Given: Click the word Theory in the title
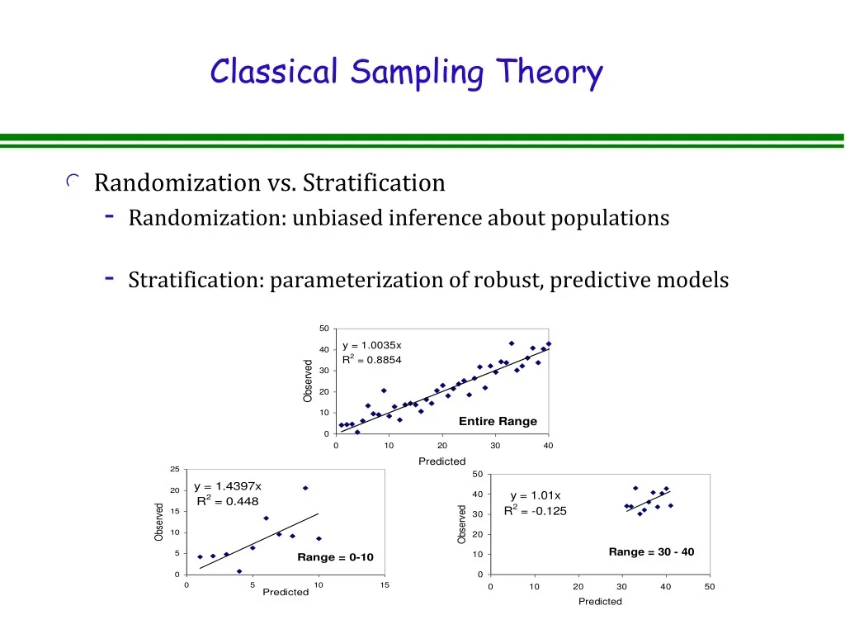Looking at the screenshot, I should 549,73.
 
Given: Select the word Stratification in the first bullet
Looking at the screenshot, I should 374,182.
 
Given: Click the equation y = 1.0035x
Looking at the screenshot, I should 372,345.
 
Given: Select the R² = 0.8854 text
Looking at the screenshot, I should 372,359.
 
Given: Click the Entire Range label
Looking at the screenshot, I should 498,421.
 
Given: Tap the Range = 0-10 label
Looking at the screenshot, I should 335,557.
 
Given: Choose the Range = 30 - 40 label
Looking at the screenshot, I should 651,551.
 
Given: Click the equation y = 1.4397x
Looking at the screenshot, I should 227,486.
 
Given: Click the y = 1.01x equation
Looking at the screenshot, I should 535,495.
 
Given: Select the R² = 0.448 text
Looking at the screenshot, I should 227,501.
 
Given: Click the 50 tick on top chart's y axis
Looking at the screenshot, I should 324,329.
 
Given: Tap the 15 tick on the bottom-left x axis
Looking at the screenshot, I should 385,585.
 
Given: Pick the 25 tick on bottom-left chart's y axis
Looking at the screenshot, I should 174,470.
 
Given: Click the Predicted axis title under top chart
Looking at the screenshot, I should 442,461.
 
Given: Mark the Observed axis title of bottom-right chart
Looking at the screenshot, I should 461,524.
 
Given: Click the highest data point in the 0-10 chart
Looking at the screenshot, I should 305,488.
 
